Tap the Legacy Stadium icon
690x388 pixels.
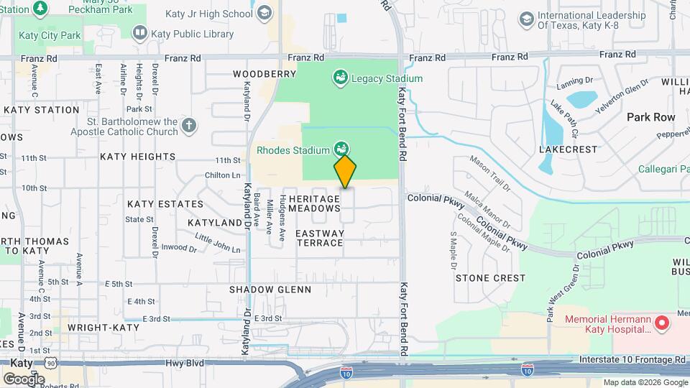341,78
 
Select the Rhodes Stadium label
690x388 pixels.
293,150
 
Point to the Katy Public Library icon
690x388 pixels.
139,33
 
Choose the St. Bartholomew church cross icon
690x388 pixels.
188,126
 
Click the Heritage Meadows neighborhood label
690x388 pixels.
314,203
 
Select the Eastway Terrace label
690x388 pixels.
320,238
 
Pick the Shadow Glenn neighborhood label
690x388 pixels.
270,290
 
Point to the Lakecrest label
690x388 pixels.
569,149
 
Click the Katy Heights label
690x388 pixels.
138,156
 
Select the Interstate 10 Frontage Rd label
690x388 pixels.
632,359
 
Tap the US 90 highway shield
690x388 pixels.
51,364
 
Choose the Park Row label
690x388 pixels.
651,116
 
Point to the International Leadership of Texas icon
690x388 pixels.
527,19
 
